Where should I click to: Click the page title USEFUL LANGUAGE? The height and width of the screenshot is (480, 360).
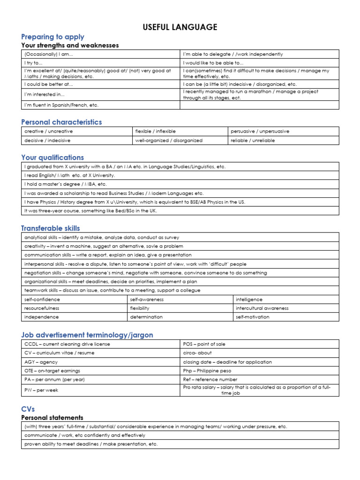180,27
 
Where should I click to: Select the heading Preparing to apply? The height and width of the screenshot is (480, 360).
52,37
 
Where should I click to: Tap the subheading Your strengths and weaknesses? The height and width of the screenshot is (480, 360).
70,45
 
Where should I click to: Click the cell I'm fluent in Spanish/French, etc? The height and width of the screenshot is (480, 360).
61,105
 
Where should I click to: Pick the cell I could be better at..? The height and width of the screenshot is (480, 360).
49,84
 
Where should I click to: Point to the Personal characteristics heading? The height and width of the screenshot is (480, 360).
61,122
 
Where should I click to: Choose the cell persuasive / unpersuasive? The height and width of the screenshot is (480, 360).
259,131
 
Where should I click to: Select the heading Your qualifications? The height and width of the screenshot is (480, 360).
52,157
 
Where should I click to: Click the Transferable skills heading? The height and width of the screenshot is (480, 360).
51,228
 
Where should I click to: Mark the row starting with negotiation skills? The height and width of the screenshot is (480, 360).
145,273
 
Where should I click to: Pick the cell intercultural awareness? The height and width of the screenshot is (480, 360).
262,308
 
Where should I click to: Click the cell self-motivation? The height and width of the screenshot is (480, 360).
253,317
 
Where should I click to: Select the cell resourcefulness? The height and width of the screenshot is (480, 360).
42,308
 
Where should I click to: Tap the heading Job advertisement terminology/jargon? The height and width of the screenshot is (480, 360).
87,335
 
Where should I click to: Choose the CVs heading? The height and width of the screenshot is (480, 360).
28,409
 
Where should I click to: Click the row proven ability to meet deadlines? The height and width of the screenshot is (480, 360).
91,444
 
